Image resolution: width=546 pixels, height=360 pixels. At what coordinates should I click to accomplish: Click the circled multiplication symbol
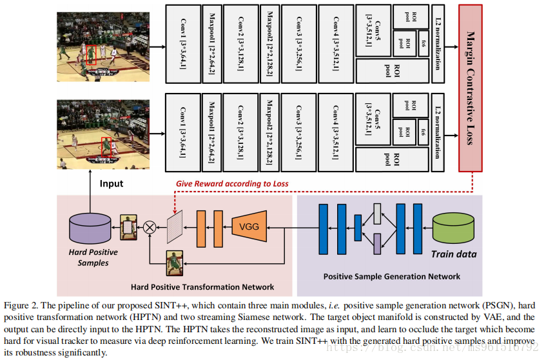[x=150, y=226]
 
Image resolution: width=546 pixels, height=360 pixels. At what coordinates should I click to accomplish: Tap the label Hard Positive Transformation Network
[x=202, y=287]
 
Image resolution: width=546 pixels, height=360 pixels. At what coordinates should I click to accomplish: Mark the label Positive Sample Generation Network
[x=392, y=276]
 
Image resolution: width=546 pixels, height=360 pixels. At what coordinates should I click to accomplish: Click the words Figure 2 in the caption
[x=22, y=305]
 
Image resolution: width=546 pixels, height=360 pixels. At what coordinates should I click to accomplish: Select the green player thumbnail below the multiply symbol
[x=175, y=263]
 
